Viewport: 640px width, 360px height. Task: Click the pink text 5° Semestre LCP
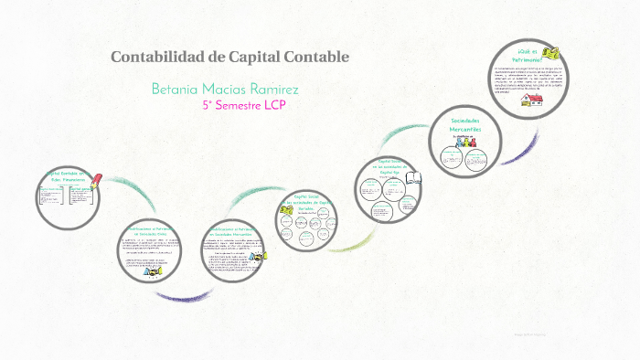(244, 106)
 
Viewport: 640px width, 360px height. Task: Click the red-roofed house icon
(528, 101)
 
